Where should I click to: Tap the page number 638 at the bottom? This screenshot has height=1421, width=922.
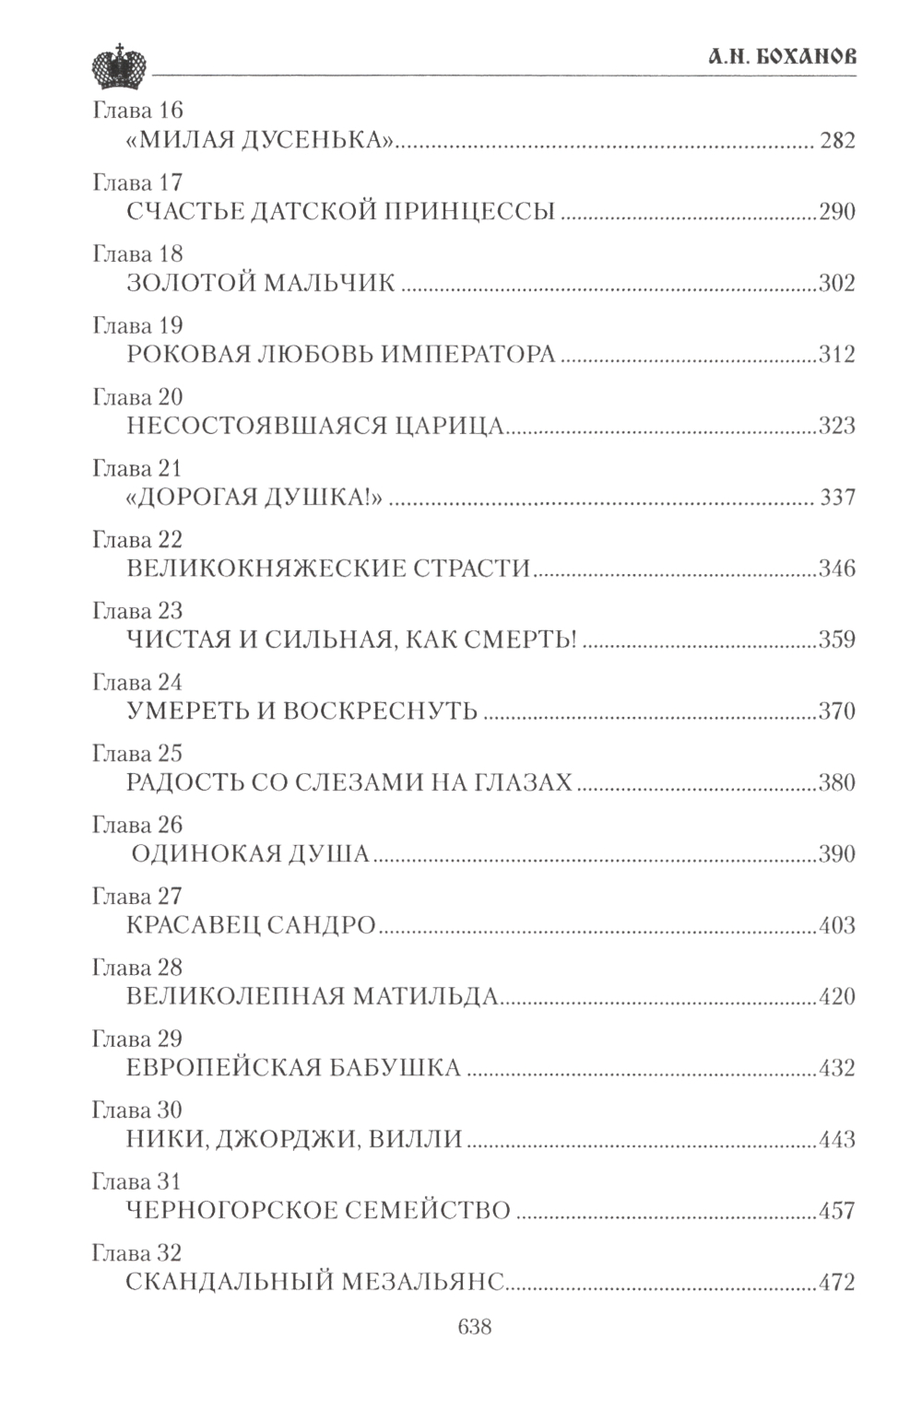[474, 1327]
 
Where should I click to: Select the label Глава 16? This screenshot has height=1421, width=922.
[138, 111]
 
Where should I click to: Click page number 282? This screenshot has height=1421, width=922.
[836, 141]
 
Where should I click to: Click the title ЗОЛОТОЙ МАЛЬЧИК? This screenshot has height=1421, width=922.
[260, 283]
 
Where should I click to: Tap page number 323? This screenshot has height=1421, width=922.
[837, 426]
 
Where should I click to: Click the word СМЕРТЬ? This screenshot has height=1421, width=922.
[524, 640]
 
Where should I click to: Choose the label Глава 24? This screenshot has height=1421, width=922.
[138, 683]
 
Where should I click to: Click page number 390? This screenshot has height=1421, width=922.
[837, 854]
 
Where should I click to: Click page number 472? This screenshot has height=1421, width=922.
[837, 1283]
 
